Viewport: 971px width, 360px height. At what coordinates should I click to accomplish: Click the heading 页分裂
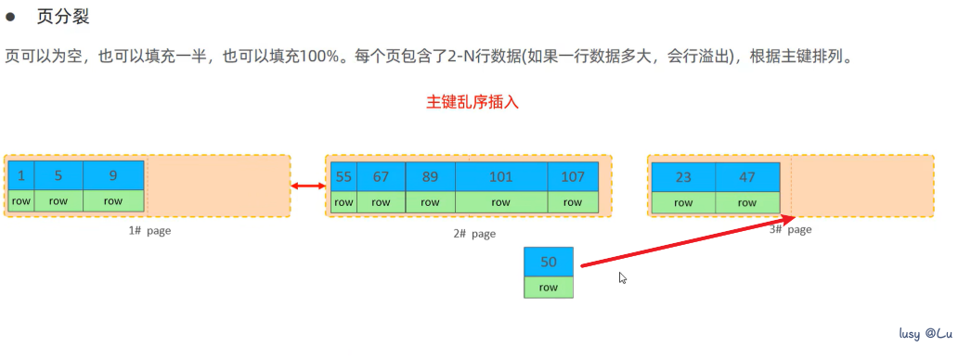(x=63, y=18)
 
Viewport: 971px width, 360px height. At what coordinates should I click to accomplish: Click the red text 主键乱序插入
(x=472, y=102)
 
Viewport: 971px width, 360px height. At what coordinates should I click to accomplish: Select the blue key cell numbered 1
(x=20, y=174)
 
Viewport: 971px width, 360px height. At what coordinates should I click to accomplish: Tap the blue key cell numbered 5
(x=58, y=174)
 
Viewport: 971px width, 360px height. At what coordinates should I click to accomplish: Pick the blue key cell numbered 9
(x=113, y=174)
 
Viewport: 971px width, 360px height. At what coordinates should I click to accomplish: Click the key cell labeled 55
(x=343, y=176)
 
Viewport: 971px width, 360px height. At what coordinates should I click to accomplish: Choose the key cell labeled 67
(x=381, y=176)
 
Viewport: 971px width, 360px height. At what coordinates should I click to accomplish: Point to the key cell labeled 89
(x=430, y=176)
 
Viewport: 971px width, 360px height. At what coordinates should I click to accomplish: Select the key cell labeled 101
(x=501, y=176)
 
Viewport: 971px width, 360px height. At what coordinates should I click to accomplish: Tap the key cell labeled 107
(x=573, y=176)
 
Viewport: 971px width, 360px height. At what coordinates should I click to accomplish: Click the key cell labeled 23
(x=683, y=176)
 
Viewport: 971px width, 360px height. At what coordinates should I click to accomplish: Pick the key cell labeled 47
(x=747, y=176)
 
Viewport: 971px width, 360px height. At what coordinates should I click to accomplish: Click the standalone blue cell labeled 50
(x=549, y=262)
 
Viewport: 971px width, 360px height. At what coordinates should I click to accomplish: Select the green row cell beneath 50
(x=549, y=288)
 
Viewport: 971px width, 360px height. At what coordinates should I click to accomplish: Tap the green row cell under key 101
(x=501, y=201)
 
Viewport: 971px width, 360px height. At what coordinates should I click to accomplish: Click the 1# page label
(x=149, y=231)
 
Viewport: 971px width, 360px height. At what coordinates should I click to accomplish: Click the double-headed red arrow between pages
(x=307, y=187)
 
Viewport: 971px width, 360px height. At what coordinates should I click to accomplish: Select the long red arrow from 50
(x=687, y=243)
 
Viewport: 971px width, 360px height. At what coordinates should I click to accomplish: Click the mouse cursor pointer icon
(x=623, y=277)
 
